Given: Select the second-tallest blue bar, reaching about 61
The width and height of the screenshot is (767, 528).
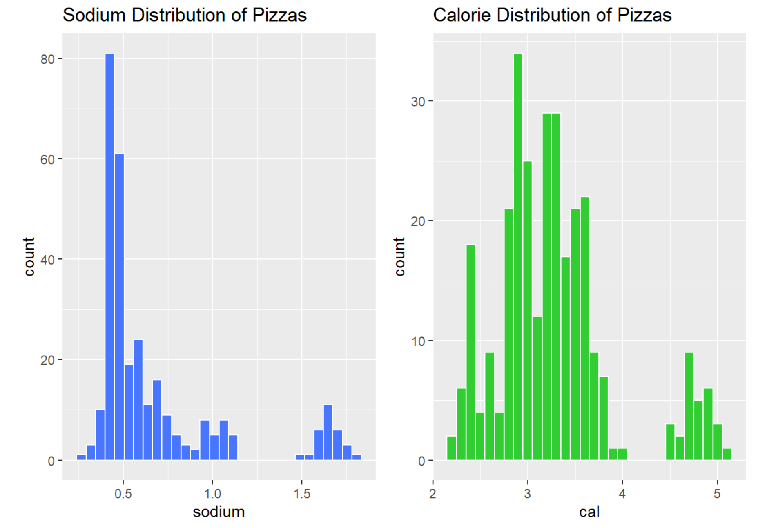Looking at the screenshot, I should coord(119,307).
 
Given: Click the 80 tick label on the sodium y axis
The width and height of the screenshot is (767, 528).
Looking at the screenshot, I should coord(47,59).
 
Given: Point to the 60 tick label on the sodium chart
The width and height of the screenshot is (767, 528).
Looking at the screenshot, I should coord(47,159).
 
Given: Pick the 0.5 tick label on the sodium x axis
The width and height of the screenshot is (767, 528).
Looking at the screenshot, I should coord(123,494).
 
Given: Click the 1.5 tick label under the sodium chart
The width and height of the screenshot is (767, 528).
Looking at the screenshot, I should coord(302,494).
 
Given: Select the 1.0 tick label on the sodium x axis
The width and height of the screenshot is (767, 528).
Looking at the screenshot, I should coord(212,494).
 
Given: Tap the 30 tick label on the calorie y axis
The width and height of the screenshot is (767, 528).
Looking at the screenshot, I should coord(418,101).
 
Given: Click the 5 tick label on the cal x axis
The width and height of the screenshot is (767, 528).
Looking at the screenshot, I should coord(717,494).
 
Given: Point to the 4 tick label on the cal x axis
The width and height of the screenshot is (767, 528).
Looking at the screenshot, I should coord(622,494).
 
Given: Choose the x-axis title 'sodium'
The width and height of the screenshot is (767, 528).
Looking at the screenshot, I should coord(219,512).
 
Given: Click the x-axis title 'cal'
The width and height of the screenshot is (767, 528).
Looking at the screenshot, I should coord(589,512).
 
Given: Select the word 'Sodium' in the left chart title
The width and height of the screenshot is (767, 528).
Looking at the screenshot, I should coord(94,15).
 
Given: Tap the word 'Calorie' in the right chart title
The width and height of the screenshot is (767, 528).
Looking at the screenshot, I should coord(462,15).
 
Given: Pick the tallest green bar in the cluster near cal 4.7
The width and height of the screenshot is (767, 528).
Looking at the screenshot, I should coord(689,406).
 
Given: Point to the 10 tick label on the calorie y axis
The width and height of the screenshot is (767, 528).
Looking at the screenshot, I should coord(418,341).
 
